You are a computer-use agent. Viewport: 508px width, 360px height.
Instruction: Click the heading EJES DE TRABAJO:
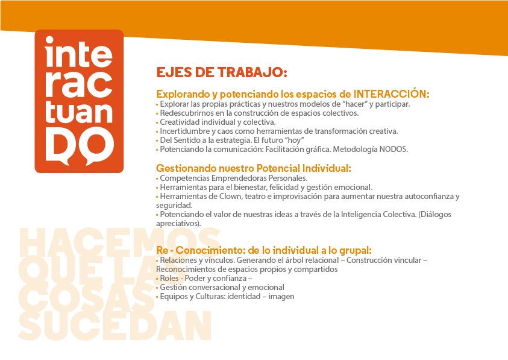pyautogui.click(x=222, y=73)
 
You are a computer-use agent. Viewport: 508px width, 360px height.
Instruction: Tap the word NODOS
pyautogui.click(x=395, y=149)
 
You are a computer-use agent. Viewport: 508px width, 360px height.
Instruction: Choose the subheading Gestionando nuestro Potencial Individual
pyautogui.click(x=253, y=168)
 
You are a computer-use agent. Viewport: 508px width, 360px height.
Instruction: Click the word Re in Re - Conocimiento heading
pyautogui.click(x=163, y=250)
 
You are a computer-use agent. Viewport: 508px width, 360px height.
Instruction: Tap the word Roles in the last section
pyautogui.click(x=170, y=278)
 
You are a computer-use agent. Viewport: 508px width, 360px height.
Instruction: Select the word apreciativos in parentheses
pyautogui.click(x=177, y=223)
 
